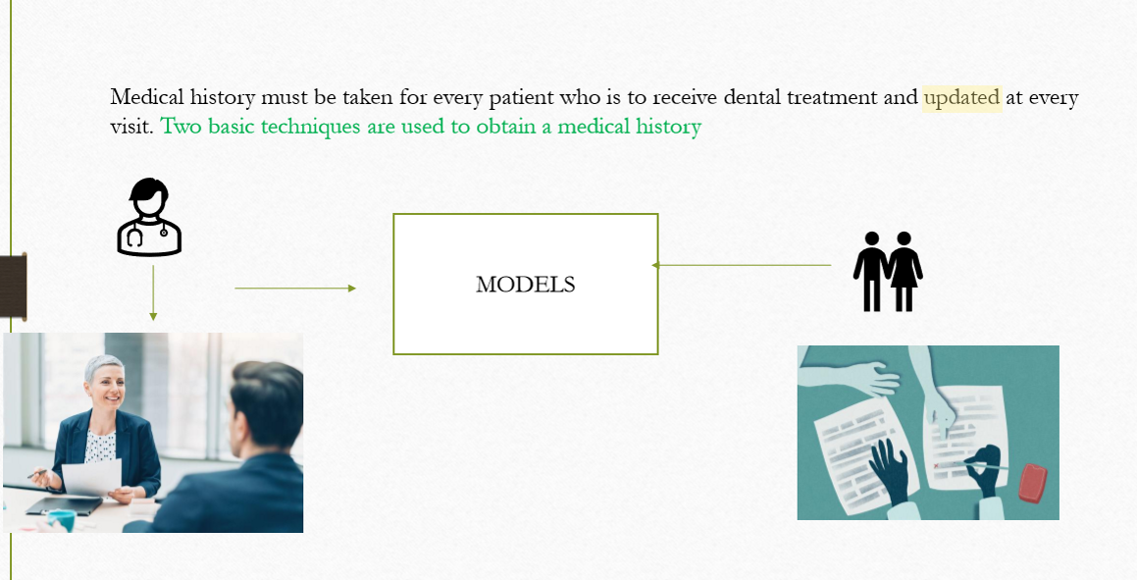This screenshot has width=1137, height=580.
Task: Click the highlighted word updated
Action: (961, 97)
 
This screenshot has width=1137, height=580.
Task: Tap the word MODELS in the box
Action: (526, 285)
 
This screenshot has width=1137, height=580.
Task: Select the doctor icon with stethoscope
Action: (149, 217)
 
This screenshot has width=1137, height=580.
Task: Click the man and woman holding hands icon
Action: (888, 271)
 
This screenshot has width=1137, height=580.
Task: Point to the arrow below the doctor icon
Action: (153, 292)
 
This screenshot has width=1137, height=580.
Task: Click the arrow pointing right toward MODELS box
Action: (295, 288)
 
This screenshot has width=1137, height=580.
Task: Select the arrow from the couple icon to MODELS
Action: (742, 265)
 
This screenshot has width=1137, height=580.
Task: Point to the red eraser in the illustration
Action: (1033, 483)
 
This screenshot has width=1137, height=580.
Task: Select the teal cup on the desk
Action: (62, 519)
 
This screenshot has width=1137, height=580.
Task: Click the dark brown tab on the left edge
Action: (13, 288)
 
